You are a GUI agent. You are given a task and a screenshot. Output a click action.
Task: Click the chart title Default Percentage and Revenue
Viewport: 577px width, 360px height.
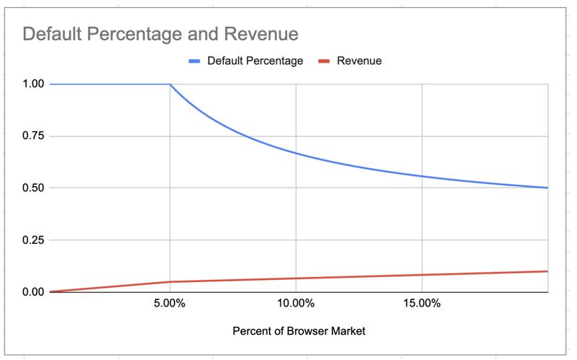click(160, 34)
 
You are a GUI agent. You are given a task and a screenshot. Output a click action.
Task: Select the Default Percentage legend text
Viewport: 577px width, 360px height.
click(255, 61)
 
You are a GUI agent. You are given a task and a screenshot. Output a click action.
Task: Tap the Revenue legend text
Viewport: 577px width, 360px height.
click(359, 61)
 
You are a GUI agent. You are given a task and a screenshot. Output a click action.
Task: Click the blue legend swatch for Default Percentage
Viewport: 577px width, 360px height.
click(194, 61)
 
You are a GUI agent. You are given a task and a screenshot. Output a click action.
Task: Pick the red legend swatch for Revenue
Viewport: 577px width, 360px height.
click(324, 61)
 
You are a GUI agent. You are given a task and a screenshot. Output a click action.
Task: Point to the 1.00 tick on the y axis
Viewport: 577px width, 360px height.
click(34, 84)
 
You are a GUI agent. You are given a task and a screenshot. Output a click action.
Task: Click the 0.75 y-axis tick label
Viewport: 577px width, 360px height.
click(34, 136)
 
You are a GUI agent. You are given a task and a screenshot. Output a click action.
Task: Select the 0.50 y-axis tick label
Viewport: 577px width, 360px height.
click(34, 188)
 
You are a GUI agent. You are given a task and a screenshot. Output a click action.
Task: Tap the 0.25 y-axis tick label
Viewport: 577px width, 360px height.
click(34, 240)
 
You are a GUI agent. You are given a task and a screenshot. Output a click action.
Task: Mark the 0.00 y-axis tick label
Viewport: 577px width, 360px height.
click(34, 292)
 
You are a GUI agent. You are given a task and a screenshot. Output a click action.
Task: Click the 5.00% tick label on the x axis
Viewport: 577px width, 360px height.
click(169, 304)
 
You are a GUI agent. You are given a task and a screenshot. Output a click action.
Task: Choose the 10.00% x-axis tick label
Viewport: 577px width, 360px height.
click(296, 304)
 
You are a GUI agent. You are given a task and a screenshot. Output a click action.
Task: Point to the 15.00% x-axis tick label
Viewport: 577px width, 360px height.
click(422, 304)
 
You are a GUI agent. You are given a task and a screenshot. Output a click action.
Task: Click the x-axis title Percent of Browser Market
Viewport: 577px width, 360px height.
click(299, 331)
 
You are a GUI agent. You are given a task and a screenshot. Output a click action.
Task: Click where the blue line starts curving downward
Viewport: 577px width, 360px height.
click(170, 84)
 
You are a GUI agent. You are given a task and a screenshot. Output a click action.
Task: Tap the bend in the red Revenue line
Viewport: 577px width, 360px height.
click(169, 281)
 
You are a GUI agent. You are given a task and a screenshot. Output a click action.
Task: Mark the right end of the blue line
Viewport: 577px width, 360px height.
click(547, 188)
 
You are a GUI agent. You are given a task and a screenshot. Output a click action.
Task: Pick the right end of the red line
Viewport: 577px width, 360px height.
click(547, 271)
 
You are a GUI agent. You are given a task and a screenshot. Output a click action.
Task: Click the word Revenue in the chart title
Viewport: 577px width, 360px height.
click(263, 34)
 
